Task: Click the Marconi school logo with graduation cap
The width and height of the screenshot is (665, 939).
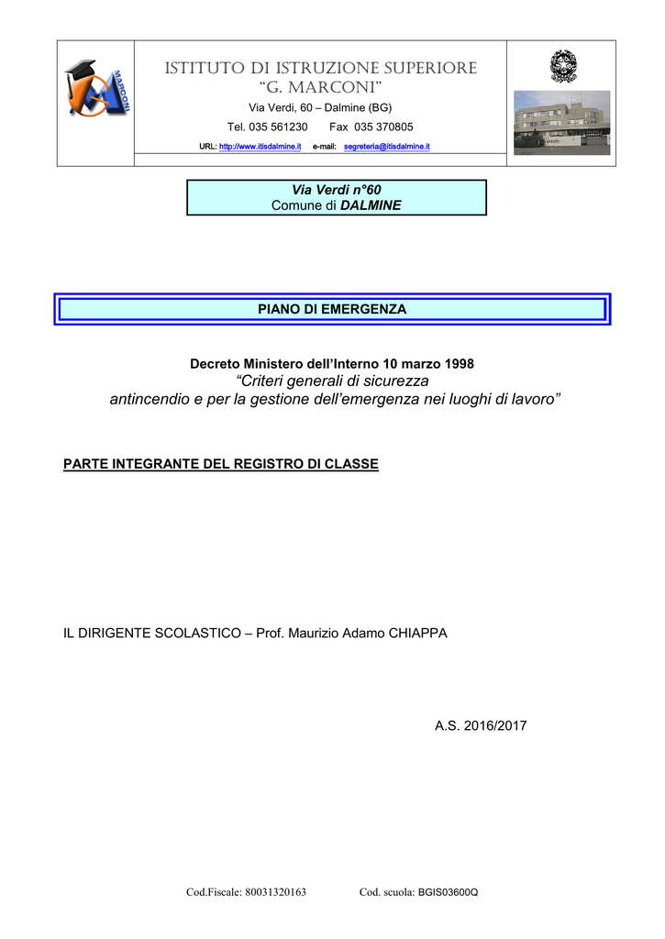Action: coord(96,88)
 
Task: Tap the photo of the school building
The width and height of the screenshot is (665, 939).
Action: coord(562,123)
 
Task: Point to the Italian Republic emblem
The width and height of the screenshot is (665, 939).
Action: coord(563,66)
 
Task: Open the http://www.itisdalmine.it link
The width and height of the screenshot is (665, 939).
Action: coord(260,146)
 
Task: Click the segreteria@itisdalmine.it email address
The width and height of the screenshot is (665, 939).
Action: coord(386,146)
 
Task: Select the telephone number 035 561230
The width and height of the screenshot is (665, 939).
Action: coord(278,127)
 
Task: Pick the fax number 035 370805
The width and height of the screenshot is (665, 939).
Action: coord(383,127)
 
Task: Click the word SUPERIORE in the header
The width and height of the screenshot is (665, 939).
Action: coord(430,68)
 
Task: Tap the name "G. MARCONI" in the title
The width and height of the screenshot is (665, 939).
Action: coord(320,87)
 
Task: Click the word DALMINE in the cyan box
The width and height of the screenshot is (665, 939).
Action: coord(371,205)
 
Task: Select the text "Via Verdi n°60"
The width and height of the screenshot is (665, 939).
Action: coord(336,190)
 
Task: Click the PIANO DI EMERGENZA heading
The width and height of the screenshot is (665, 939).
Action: coord(332,309)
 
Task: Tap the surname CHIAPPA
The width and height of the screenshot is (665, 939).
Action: coord(418,634)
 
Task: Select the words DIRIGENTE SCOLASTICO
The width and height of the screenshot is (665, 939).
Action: coord(160,634)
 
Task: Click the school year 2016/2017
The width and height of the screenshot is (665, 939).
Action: coord(495,726)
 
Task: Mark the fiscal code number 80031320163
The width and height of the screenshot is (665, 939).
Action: coord(275,892)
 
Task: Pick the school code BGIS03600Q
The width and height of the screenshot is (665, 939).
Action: coord(449,892)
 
